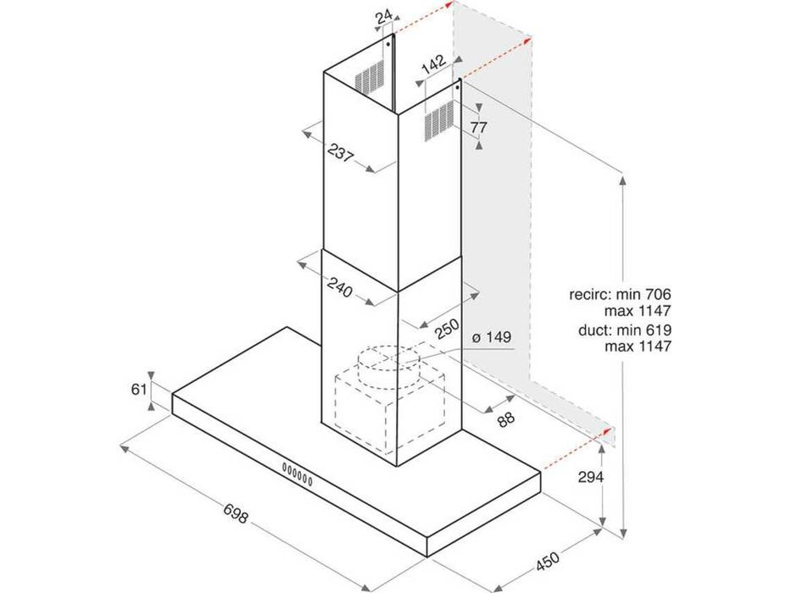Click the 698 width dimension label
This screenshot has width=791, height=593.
coord(235,510)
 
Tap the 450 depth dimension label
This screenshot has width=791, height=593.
coord(548,561)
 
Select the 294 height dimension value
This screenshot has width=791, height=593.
coord(590,476)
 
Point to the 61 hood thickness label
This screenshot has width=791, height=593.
coord(139,390)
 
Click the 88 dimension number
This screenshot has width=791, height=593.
coord(505,419)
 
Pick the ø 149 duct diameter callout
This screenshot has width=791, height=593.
coord(492,337)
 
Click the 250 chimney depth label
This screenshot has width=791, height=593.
coord(447,329)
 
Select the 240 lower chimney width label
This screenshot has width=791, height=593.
coord(339,287)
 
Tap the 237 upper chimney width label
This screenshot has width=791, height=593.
coord(340,152)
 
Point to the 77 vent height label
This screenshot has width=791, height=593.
coord(478,127)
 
